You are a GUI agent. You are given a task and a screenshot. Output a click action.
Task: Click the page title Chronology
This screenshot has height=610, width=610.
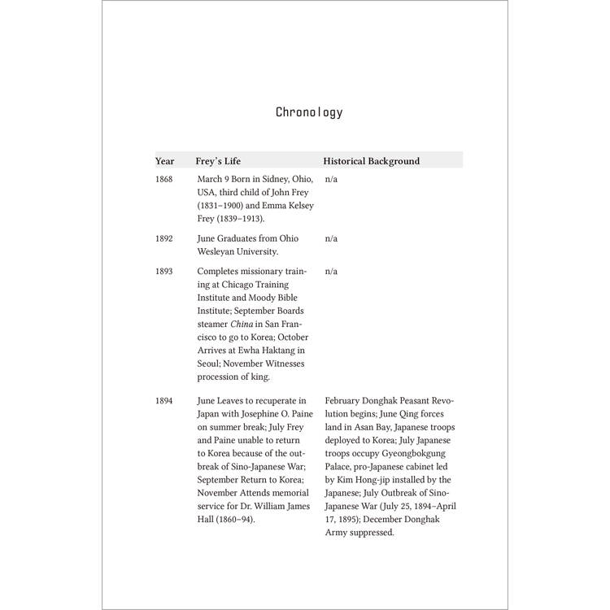[309, 112]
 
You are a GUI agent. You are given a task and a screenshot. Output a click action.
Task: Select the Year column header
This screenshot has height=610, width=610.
[165, 161]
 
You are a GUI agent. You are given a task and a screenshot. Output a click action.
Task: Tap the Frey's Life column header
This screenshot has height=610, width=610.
[219, 161]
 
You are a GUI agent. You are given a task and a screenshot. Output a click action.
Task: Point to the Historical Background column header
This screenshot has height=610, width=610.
[372, 161]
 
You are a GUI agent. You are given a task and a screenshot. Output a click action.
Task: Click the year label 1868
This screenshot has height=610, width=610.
[164, 178]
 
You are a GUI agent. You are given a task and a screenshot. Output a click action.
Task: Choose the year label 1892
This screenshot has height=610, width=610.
[164, 239]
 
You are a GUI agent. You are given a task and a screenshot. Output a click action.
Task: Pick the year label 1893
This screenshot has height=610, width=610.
[164, 272]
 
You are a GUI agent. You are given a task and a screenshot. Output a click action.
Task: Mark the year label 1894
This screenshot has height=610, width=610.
[164, 401]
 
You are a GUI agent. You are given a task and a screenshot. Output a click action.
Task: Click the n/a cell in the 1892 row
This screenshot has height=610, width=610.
[331, 239]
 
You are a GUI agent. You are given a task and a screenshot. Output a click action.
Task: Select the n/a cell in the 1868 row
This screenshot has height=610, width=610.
[331, 178]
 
